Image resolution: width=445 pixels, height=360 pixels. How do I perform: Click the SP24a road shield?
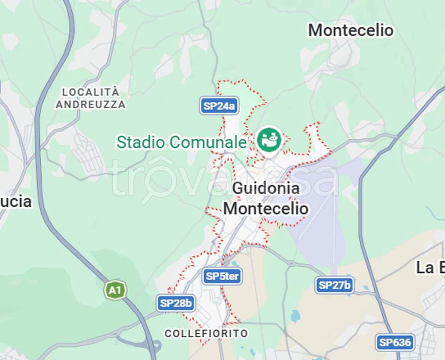coord(219,106)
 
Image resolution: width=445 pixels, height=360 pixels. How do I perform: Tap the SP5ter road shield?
coord(222,276)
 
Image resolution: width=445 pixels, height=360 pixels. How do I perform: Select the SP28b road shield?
coord(176,303)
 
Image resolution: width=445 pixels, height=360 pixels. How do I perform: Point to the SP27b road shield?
coord(334,285)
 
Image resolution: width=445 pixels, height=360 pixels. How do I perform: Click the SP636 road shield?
coord(395,342)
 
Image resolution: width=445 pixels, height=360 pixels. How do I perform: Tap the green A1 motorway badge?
coord(115,291)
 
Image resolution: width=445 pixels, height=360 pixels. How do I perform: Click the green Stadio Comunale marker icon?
coord(269,139)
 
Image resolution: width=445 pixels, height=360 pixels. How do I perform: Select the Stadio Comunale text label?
coord(181,142)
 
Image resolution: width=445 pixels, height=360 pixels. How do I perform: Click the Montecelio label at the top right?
coord(350,30)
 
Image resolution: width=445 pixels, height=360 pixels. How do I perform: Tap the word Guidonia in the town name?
coord(266,188)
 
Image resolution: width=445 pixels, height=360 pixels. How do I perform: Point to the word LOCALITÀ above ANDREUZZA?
coord(90,92)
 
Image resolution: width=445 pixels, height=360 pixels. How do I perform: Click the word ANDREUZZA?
coord(90,105)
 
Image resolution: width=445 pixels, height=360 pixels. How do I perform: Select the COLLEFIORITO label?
coord(206,333)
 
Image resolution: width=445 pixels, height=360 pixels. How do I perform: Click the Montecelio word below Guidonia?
coord(266,209)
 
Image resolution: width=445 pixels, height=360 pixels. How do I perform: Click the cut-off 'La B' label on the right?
coord(430,268)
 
